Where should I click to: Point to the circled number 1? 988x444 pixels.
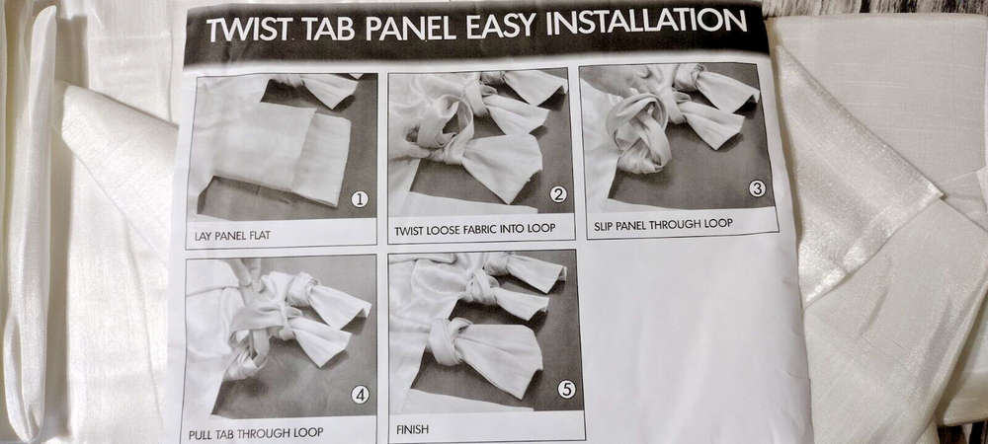pos(360,200)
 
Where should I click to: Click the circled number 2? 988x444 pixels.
pos(557,194)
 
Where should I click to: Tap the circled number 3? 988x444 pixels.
pos(757,188)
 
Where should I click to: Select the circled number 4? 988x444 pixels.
pos(360,395)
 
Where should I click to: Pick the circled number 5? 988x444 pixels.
pos(566,390)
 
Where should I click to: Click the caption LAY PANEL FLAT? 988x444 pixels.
pos(232,237)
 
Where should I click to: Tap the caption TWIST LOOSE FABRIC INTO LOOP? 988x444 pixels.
pos(475,229)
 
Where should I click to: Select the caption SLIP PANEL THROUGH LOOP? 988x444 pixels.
pos(664,223)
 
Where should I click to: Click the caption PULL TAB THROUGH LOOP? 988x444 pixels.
pos(256,433)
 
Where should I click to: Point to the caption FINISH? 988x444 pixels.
pos(412,430)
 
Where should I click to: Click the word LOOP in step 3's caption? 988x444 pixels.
pos(719,223)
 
